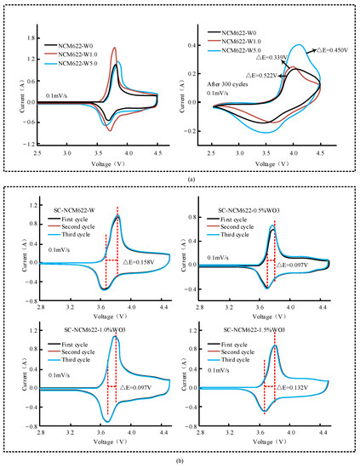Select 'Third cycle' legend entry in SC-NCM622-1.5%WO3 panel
point(243,357)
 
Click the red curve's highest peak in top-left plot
point(115,48)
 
